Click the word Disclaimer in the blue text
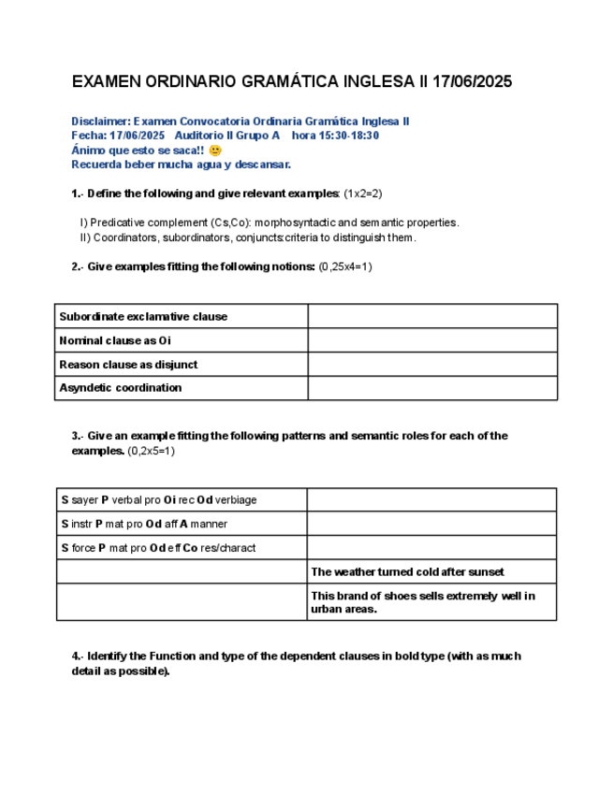click(101, 122)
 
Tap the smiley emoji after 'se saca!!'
click(216, 151)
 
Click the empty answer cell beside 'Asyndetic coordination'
click(432, 387)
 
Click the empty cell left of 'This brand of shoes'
click(182, 602)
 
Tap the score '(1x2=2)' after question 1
click(363, 193)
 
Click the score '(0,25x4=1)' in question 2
click(346, 267)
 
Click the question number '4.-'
click(80, 656)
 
